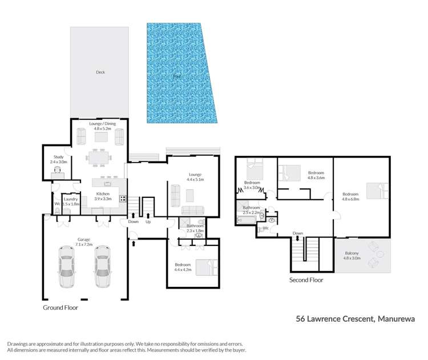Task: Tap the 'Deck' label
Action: (x=100, y=72)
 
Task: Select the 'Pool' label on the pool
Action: (x=177, y=75)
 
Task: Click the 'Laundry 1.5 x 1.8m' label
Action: (x=70, y=201)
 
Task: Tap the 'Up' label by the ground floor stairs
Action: (x=148, y=222)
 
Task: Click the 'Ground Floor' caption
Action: (x=60, y=308)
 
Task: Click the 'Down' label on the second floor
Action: (x=297, y=233)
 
